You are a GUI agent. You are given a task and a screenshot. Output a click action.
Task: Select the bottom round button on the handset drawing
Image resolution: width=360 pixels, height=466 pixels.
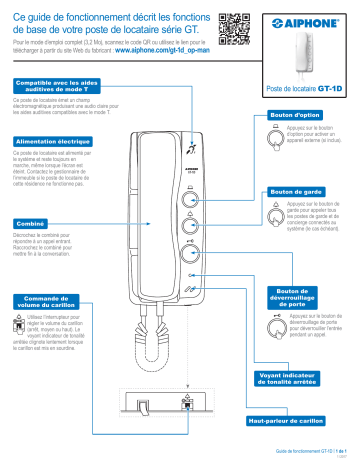click(x=192, y=253)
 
